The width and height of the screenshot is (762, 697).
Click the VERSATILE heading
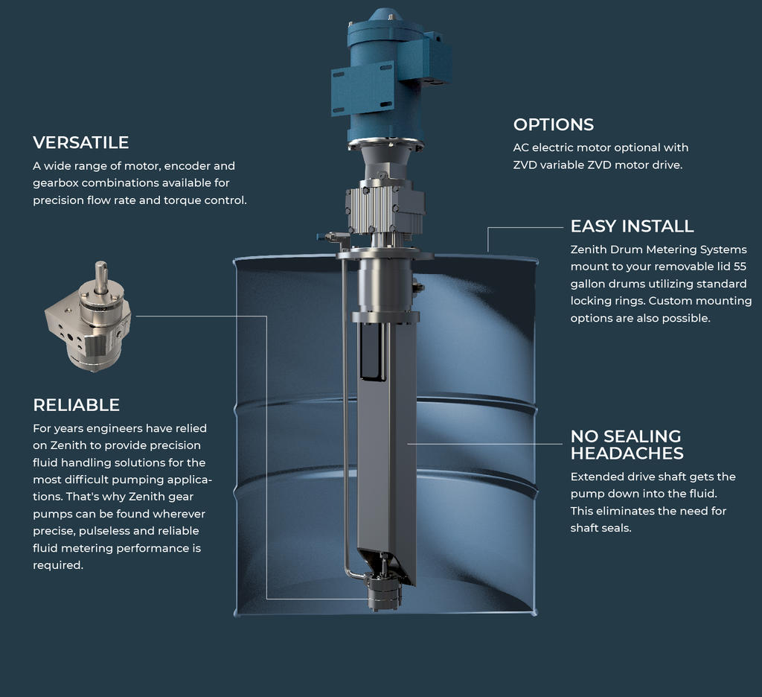point(80,142)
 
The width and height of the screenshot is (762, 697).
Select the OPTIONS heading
point(553,124)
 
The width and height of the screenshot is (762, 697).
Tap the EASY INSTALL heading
point(632,226)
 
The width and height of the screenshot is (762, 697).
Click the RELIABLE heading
point(76,404)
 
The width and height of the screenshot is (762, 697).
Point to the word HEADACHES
point(627,453)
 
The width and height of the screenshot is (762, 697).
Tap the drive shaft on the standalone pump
point(101,274)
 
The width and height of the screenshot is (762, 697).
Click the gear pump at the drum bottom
point(383,592)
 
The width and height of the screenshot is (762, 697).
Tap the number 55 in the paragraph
point(739,267)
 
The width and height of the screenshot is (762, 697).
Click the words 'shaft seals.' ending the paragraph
point(601,528)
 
